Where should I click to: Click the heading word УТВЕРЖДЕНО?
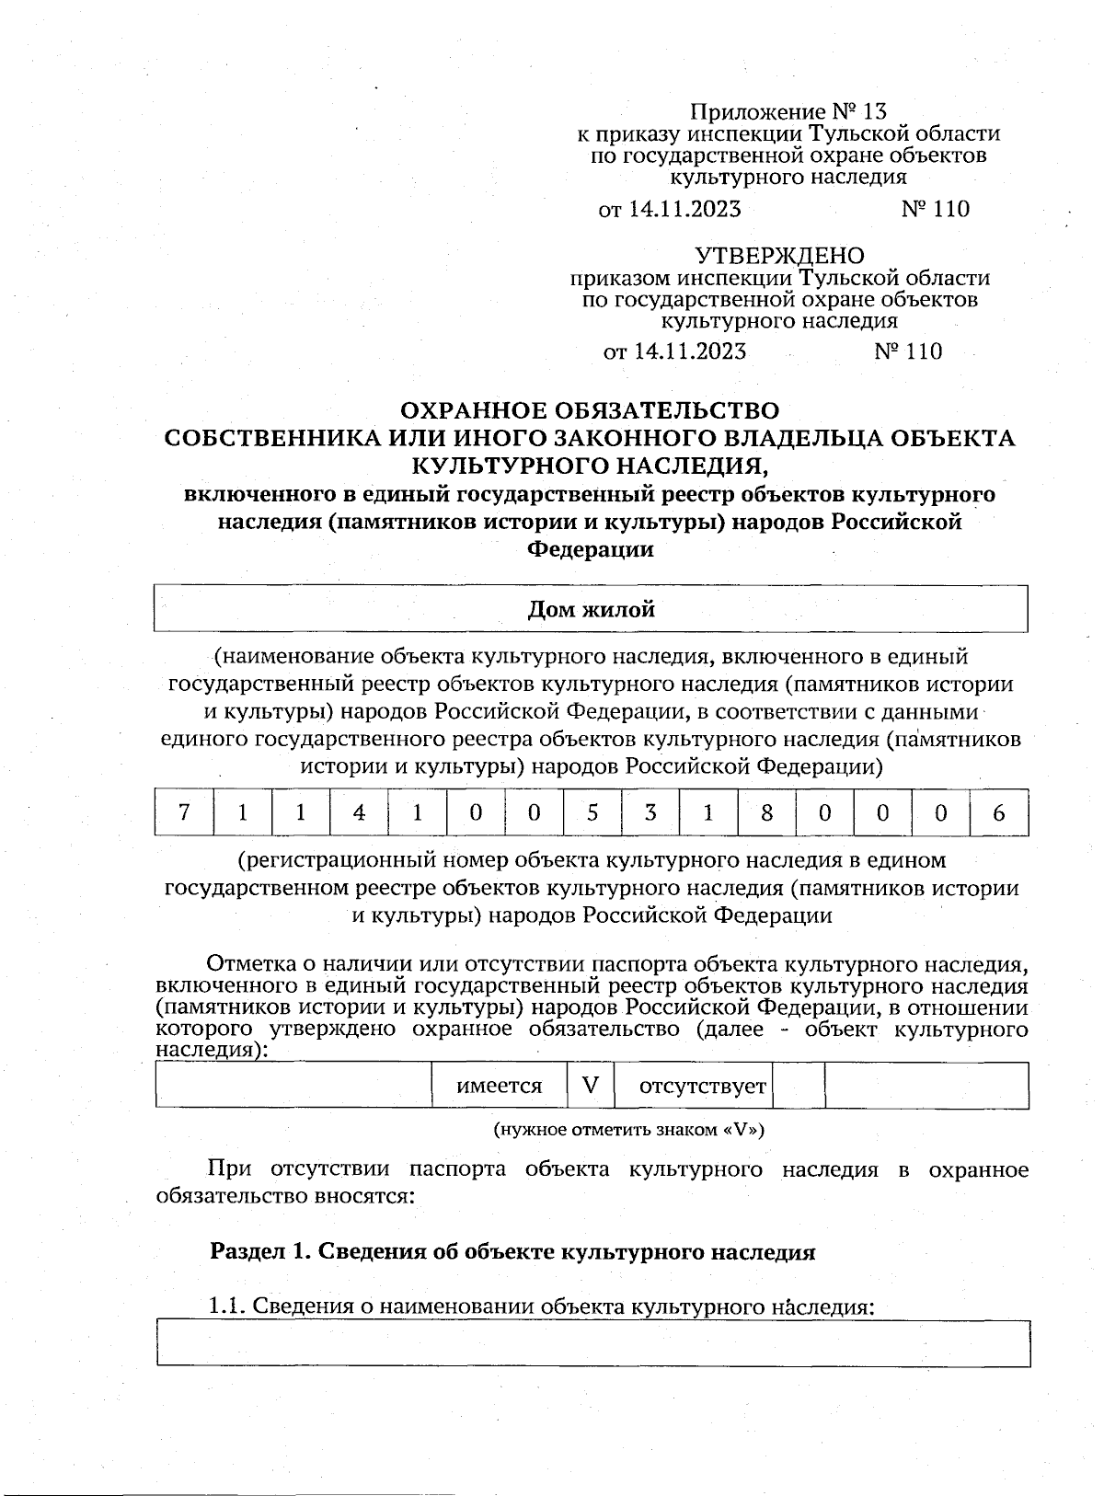click(x=778, y=255)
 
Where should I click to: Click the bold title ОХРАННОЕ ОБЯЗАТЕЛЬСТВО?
click(x=592, y=410)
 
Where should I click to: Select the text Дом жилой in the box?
click(x=591, y=609)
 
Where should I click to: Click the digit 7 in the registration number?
click(x=184, y=812)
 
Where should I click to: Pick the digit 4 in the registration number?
click(x=359, y=812)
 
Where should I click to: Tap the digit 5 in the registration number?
click(x=592, y=812)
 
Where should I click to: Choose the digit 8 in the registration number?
click(x=766, y=812)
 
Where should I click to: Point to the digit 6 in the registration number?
click(x=999, y=812)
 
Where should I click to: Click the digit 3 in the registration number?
click(x=650, y=812)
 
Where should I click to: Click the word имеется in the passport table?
click(x=500, y=1086)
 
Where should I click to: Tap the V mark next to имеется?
click(x=590, y=1086)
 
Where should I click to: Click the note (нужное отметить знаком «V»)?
click(x=629, y=1129)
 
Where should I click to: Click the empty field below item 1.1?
click(x=592, y=1343)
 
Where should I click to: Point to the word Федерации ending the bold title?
click(x=590, y=550)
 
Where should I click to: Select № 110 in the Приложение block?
click(x=935, y=209)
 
